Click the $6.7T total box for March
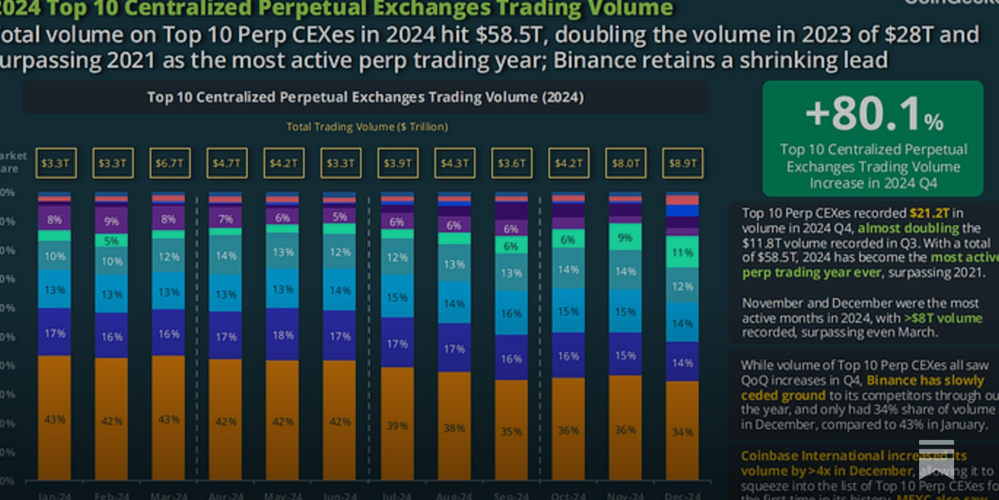[169, 163]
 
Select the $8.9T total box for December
[682, 163]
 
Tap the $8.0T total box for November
[625, 163]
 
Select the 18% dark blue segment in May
[283, 334]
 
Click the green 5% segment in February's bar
[112, 241]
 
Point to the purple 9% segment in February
[112, 221]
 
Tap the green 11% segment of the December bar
[682, 252]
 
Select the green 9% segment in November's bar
[625, 237]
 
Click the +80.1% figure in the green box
[873, 114]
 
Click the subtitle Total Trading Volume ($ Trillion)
[367, 127]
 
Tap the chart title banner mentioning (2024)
[365, 97]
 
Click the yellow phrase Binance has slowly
[925, 381]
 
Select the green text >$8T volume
[943, 318]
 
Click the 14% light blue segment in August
[454, 303]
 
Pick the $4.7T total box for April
[226, 163]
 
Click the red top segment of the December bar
[682, 200]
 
